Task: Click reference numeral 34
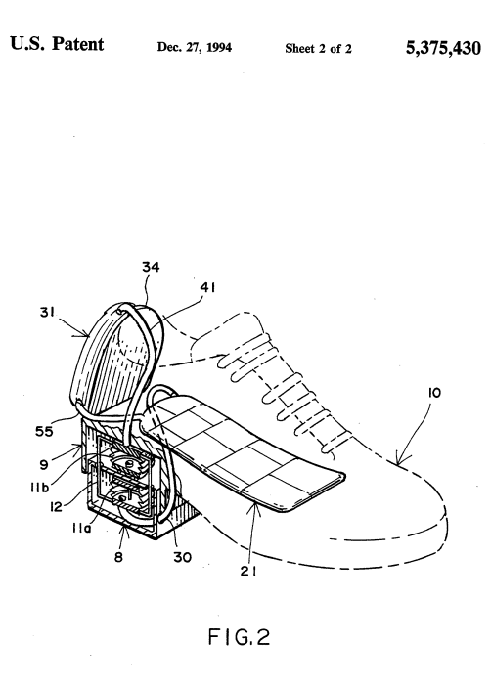(x=152, y=266)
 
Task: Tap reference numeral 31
(x=48, y=315)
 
